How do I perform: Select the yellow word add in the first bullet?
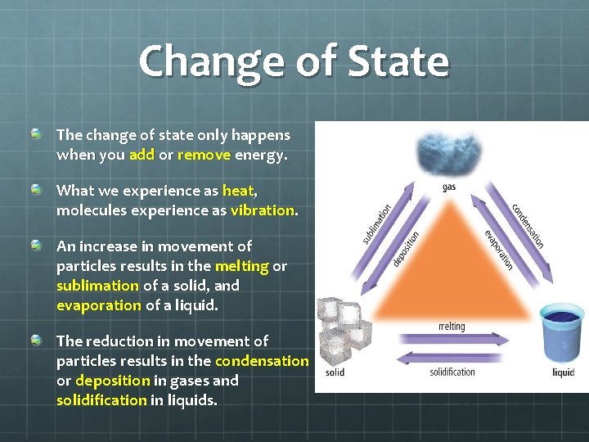(142, 154)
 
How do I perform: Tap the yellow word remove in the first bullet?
(205, 154)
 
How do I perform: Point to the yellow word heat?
(238, 191)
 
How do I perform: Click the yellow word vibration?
(262, 210)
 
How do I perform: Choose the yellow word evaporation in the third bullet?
(99, 304)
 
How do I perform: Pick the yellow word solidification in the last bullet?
(101, 399)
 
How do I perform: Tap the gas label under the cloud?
(449, 187)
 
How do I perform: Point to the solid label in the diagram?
(335, 372)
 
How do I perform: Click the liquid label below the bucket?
(563, 372)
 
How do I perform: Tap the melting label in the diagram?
(451, 326)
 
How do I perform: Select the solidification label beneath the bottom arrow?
(452, 372)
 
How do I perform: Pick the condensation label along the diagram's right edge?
(528, 224)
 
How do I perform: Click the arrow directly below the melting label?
(451, 336)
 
